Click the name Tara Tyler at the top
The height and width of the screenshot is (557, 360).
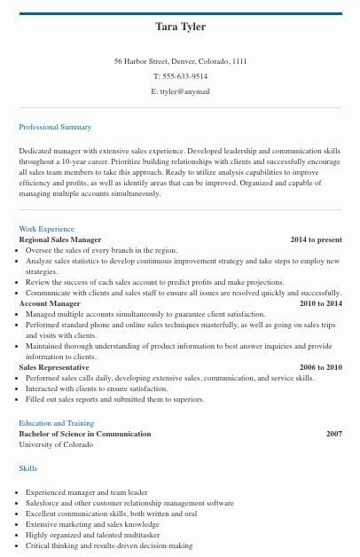click(x=180, y=27)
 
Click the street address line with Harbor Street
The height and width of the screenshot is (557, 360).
click(x=180, y=61)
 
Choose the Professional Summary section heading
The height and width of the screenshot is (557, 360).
click(x=55, y=128)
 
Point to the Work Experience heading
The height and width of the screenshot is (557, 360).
click(x=47, y=230)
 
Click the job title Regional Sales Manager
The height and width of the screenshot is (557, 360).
click(x=60, y=239)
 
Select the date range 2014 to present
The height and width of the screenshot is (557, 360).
click(x=316, y=239)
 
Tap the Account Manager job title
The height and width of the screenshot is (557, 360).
click(x=50, y=303)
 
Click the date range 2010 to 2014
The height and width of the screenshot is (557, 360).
click(x=320, y=303)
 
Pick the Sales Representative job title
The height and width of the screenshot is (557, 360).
click(x=55, y=367)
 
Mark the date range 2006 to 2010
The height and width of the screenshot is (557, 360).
click(x=320, y=367)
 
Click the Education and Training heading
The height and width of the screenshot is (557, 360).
click(x=56, y=423)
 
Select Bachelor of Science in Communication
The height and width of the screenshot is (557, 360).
click(x=85, y=434)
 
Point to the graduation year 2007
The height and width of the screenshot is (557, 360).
click(x=333, y=434)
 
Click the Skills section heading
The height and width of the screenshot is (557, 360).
click(x=28, y=467)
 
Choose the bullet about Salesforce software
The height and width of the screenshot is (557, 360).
click(x=129, y=503)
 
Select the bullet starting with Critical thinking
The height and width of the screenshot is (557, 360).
click(x=109, y=545)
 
